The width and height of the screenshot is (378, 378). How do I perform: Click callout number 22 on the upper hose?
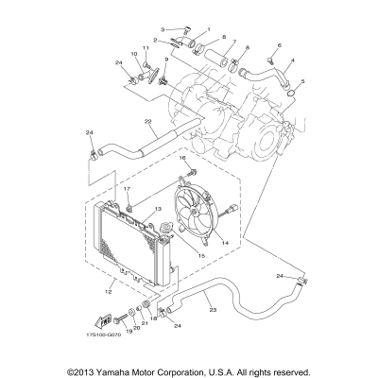[149, 121]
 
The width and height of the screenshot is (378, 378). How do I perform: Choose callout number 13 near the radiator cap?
[158, 209]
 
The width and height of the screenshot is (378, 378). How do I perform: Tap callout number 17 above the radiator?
[125, 189]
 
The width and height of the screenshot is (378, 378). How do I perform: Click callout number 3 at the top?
[163, 30]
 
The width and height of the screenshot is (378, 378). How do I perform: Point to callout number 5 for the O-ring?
[301, 82]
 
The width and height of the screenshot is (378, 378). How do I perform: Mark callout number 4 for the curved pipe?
[292, 62]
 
